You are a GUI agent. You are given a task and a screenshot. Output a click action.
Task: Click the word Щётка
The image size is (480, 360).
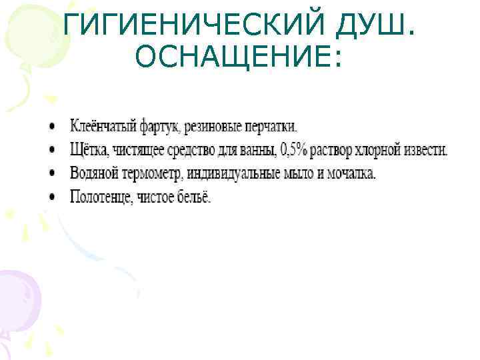pyautogui.click(x=87, y=149)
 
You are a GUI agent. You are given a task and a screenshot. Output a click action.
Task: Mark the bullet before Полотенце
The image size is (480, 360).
pyautogui.click(x=53, y=198)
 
